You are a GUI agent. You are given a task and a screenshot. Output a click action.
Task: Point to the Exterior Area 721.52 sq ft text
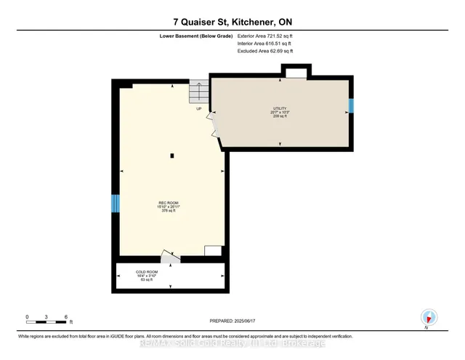(265, 35)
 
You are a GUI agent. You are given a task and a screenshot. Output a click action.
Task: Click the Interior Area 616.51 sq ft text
(264, 43)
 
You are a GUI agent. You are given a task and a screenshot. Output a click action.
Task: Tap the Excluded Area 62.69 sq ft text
(265, 51)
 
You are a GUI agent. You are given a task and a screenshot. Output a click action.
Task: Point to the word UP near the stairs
(198, 108)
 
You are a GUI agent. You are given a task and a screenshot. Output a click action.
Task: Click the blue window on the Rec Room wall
(115, 204)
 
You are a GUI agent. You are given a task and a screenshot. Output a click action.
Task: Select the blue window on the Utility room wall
(350, 107)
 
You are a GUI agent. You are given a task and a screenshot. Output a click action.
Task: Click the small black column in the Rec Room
(171, 155)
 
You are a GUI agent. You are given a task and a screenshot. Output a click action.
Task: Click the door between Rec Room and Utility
(213, 124)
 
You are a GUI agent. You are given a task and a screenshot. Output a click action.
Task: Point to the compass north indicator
(429, 317)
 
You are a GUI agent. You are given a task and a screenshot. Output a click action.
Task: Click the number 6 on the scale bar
(67, 317)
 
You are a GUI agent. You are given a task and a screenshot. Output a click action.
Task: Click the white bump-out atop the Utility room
(295, 71)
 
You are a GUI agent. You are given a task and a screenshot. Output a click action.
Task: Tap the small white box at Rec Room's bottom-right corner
(214, 251)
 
